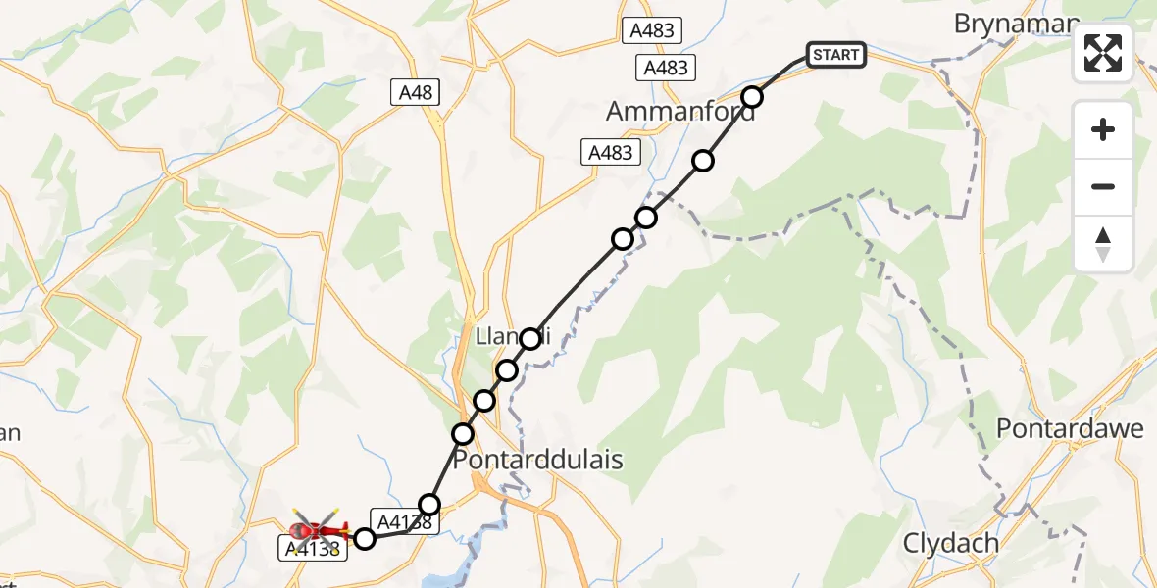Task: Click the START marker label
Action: coord(835,55)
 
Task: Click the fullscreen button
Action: coord(1103,53)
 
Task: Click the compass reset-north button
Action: coord(1103,244)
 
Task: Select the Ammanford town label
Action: coord(680,112)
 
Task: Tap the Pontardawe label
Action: coord(1070,428)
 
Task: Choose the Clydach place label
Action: coord(950,544)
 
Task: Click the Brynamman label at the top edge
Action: coord(1016,24)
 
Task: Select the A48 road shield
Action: coord(415,93)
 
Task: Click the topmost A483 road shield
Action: coord(652,30)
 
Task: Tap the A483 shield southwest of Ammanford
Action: coord(611,152)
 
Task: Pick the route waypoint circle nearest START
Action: coord(752,96)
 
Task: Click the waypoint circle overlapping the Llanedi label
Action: coord(530,338)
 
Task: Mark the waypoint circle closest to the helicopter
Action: coord(365,537)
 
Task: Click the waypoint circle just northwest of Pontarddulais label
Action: coord(463,433)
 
